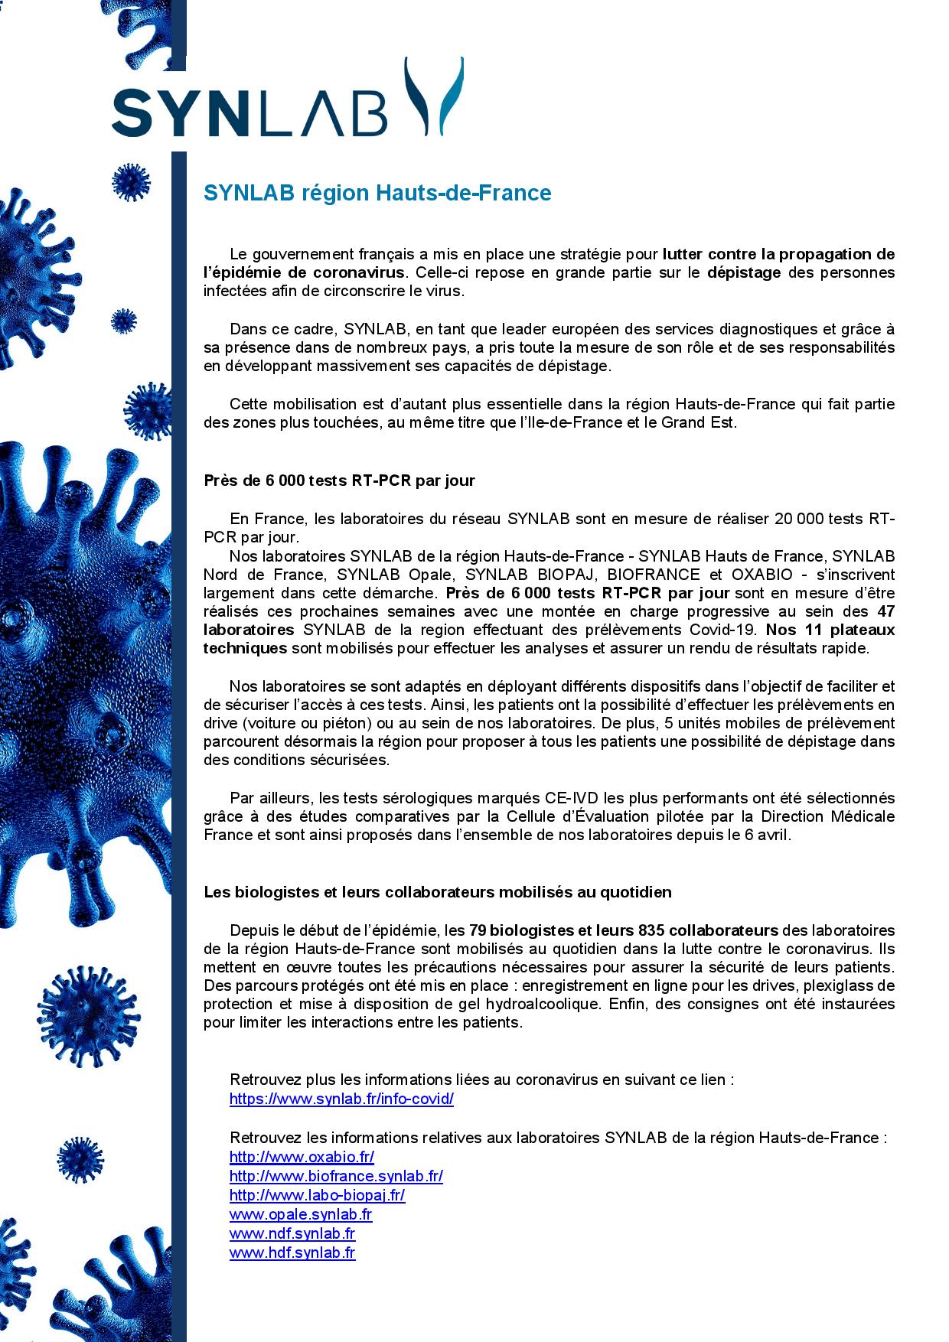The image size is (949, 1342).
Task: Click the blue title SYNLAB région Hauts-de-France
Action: pyautogui.click(x=377, y=193)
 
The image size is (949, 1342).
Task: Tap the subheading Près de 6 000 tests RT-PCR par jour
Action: pyautogui.click(x=339, y=480)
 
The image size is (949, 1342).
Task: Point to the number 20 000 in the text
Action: pyautogui.click(x=800, y=519)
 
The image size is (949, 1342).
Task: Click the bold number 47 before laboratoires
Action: pyautogui.click(x=885, y=611)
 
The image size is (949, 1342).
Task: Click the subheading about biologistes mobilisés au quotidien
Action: pyautogui.click(x=437, y=891)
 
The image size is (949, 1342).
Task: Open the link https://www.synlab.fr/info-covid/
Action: pyautogui.click(x=341, y=1099)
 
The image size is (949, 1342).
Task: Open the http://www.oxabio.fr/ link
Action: pyautogui.click(x=302, y=1157)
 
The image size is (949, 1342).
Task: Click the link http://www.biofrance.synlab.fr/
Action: pyautogui.click(x=336, y=1176)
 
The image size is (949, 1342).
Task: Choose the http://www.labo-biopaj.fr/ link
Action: pyautogui.click(x=317, y=1195)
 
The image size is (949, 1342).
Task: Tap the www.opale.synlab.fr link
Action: pyautogui.click(x=301, y=1214)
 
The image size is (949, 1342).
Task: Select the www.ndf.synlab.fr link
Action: pyautogui.click(x=292, y=1233)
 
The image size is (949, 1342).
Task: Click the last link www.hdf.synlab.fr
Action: pyautogui.click(x=292, y=1252)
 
